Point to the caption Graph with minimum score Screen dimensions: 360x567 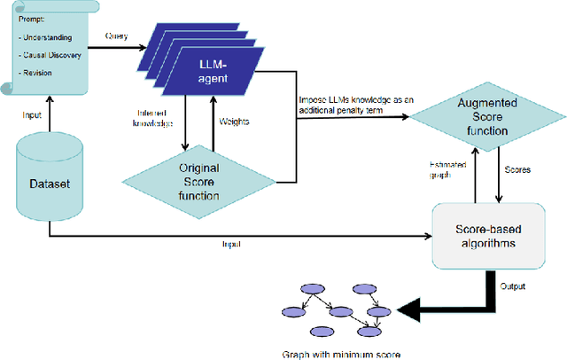click(x=340, y=354)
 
